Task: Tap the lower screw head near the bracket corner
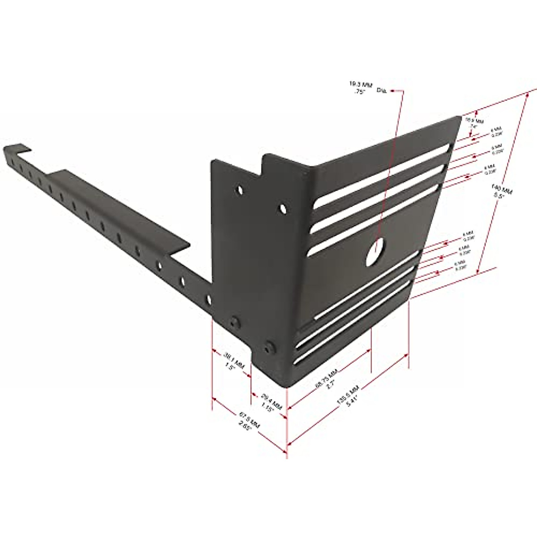point(269,348)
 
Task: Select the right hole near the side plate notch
point(283,209)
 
